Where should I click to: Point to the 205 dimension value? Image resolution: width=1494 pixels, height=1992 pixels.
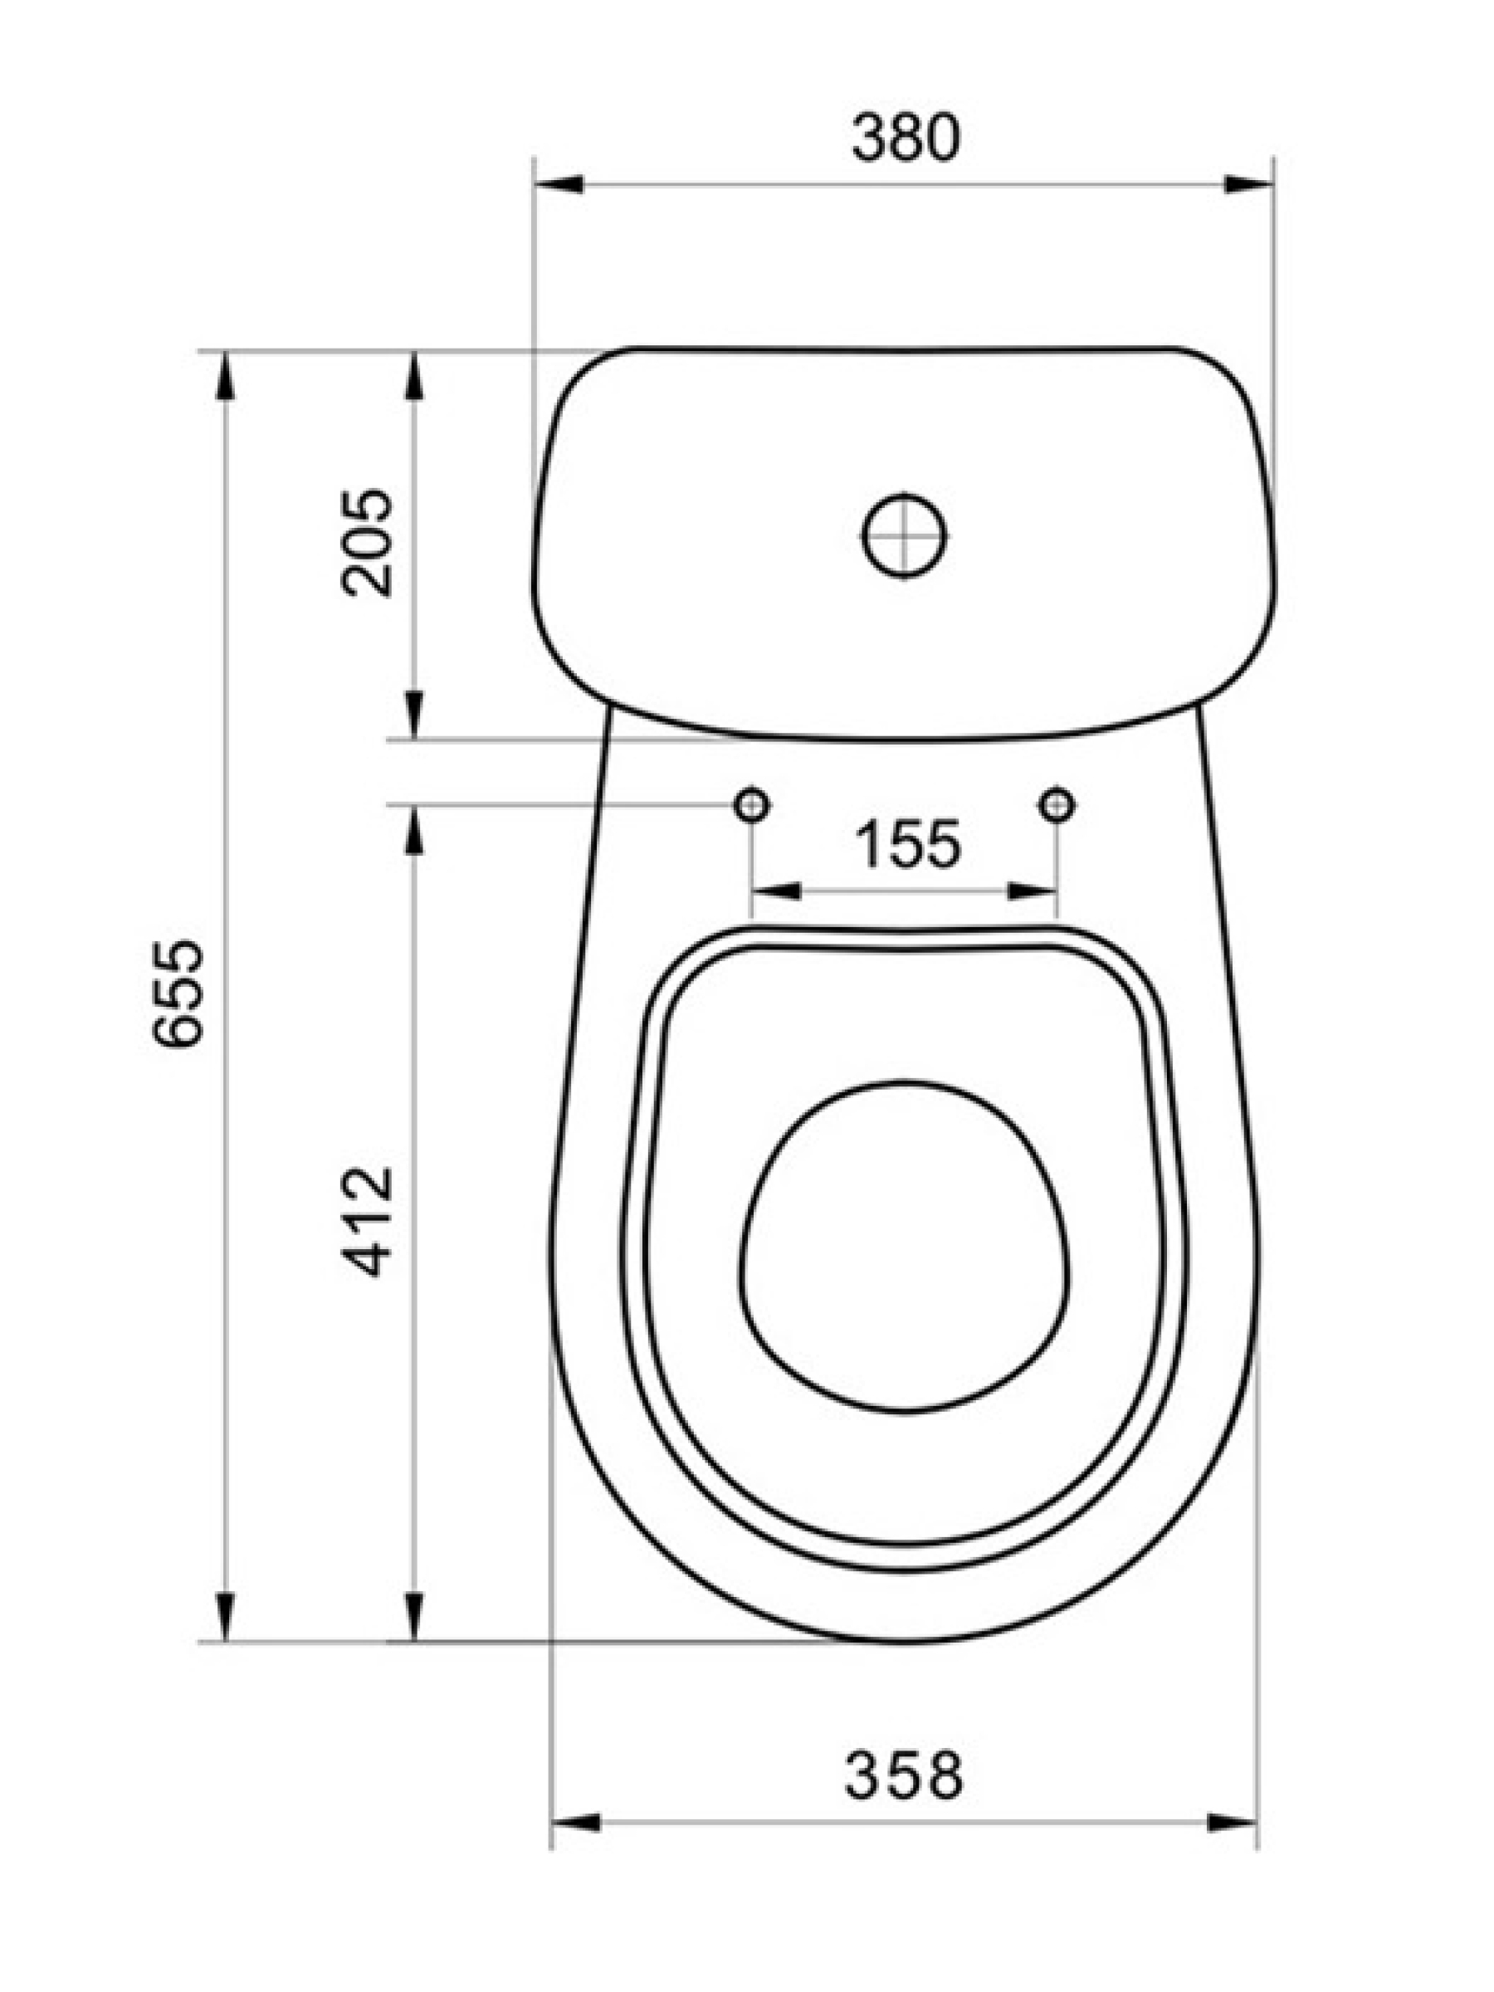pos(368,543)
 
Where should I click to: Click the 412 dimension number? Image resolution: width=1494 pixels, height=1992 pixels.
pos(368,1222)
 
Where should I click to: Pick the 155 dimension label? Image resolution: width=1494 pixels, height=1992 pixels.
pos(907,844)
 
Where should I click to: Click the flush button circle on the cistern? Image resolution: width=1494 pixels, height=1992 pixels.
pos(904,536)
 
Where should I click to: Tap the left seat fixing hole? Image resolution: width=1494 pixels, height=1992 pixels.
pos(751,804)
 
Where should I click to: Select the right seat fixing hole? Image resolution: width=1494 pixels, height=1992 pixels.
pos(1057,804)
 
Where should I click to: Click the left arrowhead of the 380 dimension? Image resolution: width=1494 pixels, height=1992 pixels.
pos(559,184)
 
